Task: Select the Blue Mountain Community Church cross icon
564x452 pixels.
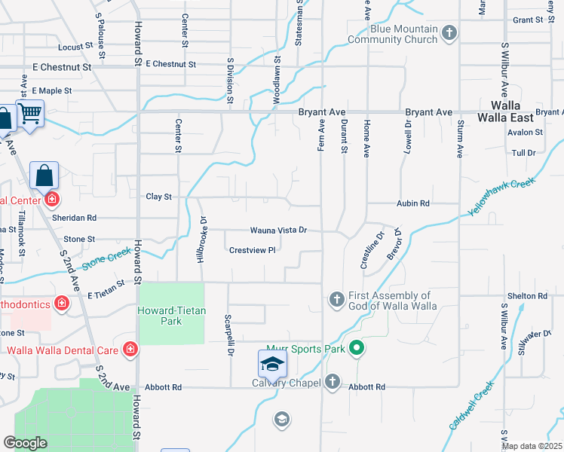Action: (449, 32)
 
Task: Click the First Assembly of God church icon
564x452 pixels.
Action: (337, 300)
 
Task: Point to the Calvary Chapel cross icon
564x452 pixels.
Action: (332, 382)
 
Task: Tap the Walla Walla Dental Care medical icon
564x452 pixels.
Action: (130, 350)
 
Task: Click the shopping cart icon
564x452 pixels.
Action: (30, 114)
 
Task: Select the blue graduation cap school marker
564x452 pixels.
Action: (273, 364)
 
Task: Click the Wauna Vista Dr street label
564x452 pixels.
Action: (279, 230)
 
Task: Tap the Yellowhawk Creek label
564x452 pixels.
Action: (501, 197)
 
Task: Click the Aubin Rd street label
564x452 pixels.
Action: (413, 203)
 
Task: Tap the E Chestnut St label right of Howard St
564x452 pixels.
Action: (171, 65)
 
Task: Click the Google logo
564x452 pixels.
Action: (25, 442)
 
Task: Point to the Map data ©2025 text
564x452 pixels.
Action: (532, 446)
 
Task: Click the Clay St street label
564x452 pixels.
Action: (158, 197)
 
